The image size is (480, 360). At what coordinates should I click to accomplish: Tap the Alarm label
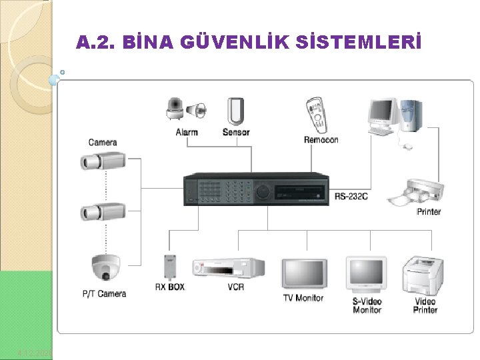click(187, 132)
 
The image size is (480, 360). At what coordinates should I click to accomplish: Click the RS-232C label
click(351, 196)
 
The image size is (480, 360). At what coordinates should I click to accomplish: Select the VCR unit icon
click(229, 268)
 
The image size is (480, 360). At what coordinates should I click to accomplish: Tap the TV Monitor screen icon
click(304, 273)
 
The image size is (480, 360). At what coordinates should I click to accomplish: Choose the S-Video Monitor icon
click(366, 273)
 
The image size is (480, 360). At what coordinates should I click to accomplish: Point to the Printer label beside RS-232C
click(429, 212)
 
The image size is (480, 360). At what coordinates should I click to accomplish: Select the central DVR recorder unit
click(257, 189)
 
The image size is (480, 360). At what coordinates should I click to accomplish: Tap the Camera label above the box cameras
click(103, 142)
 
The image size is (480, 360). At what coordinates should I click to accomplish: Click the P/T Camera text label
click(104, 294)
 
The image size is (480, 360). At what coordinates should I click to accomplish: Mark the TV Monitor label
click(303, 298)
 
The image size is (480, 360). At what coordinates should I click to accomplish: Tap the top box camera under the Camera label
click(102, 161)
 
